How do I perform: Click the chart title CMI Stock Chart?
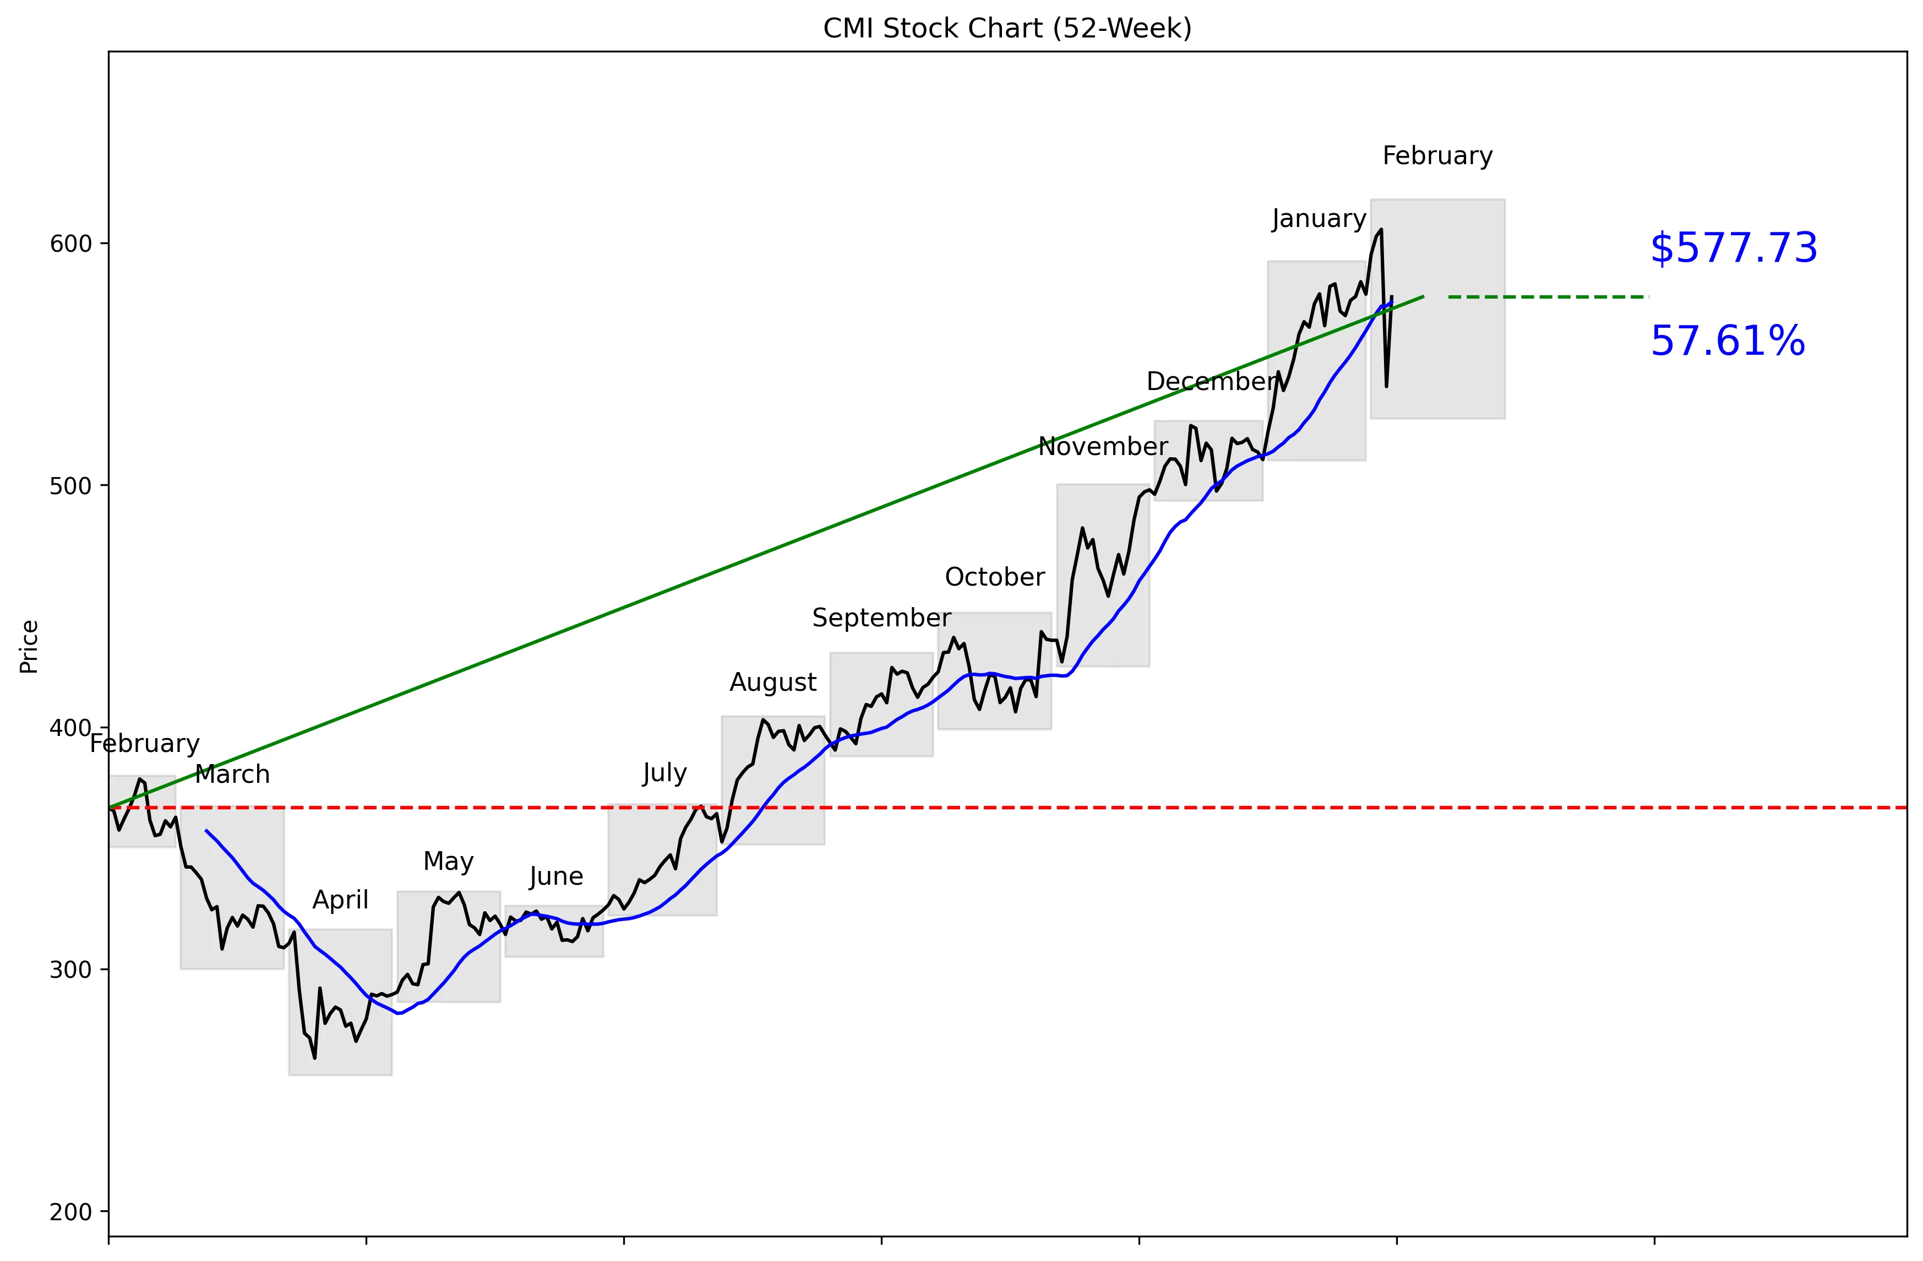point(1007,28)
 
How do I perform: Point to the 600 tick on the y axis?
point(70,244)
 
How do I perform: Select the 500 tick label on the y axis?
point(70,486)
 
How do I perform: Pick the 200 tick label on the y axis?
point(70,1211)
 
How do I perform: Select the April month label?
point(340,900)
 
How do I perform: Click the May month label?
point(448,862)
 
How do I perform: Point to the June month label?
point(556,876)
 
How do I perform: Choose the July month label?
point(664,773)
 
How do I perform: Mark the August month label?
point(772,682)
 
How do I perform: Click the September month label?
point(881,618)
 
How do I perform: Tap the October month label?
point(995,577)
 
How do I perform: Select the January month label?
point(1319,219)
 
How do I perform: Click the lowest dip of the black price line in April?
point(314,1057)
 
